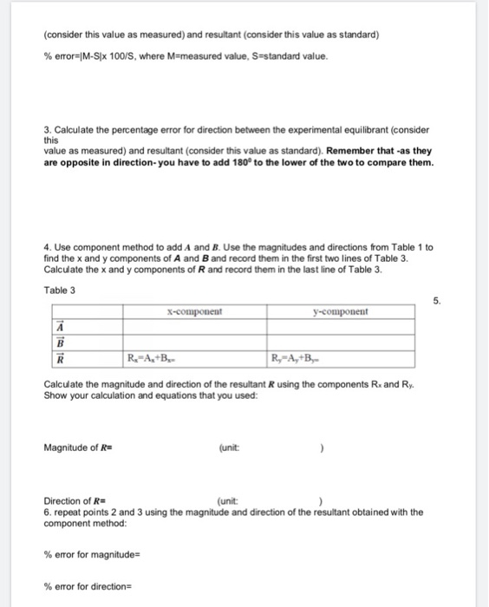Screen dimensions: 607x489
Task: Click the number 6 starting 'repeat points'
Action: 47,512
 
